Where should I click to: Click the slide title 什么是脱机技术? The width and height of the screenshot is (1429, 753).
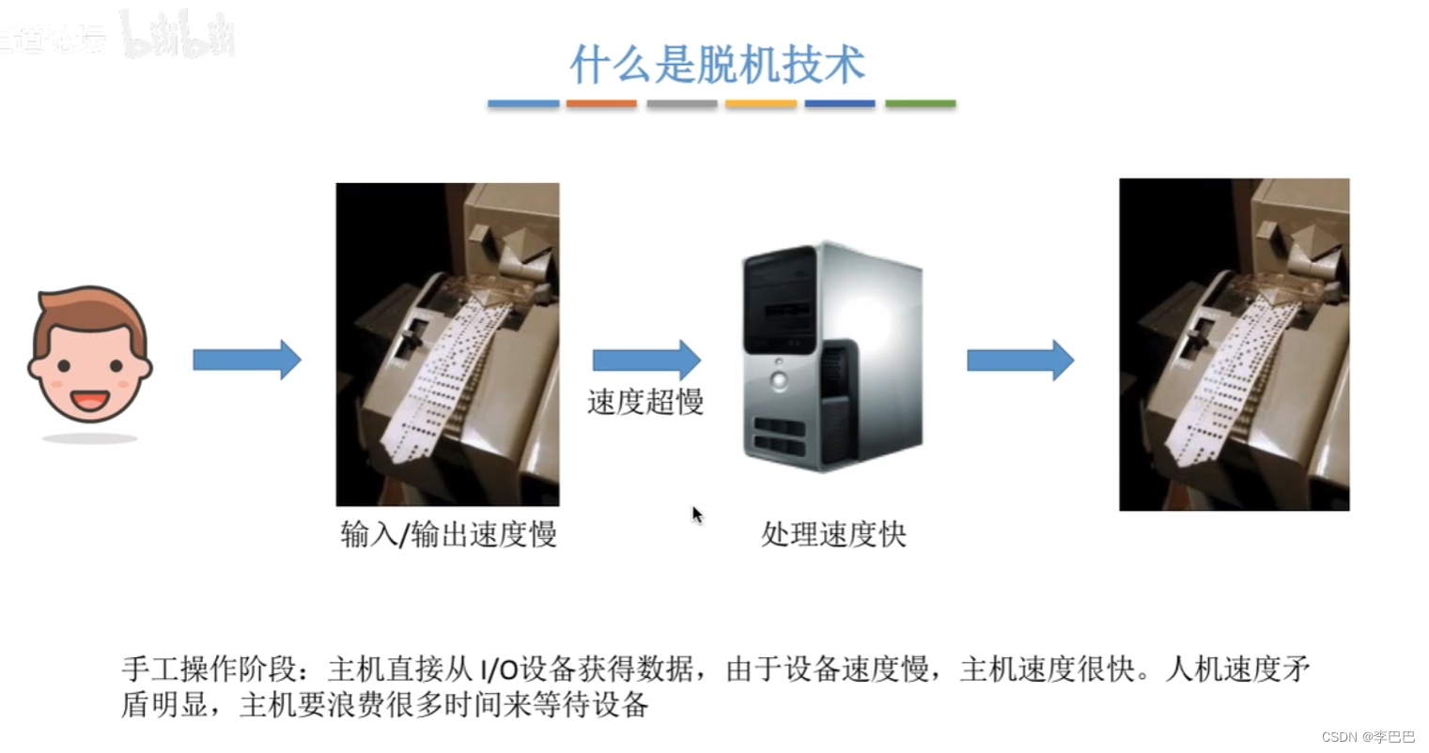pos(717,65)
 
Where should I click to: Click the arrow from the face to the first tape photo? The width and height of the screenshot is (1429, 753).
pos(246,360)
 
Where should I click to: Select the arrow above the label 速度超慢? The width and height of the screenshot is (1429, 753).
pos(646,360)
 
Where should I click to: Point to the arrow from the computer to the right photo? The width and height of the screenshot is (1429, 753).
pos(1020,360)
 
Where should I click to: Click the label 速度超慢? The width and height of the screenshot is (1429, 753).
pos(645,402)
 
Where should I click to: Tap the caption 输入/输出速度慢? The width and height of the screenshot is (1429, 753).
pos(448,534)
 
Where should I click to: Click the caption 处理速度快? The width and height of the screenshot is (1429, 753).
pos(833,534)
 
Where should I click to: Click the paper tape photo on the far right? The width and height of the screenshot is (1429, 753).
pos(1234,345)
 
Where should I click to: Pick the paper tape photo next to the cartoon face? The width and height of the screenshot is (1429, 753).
pos(447,345)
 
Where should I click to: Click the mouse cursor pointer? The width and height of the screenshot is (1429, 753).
pos(697,515)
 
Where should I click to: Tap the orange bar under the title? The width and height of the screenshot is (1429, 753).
pos(601,103)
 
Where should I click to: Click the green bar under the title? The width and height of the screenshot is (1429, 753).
pos(920,103)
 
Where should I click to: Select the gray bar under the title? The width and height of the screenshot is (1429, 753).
pos(681,103)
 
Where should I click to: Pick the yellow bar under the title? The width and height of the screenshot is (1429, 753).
pos(761,103)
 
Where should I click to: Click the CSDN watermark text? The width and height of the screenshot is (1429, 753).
pos(1367,737)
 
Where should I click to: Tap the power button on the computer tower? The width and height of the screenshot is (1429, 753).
pos(779,379)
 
